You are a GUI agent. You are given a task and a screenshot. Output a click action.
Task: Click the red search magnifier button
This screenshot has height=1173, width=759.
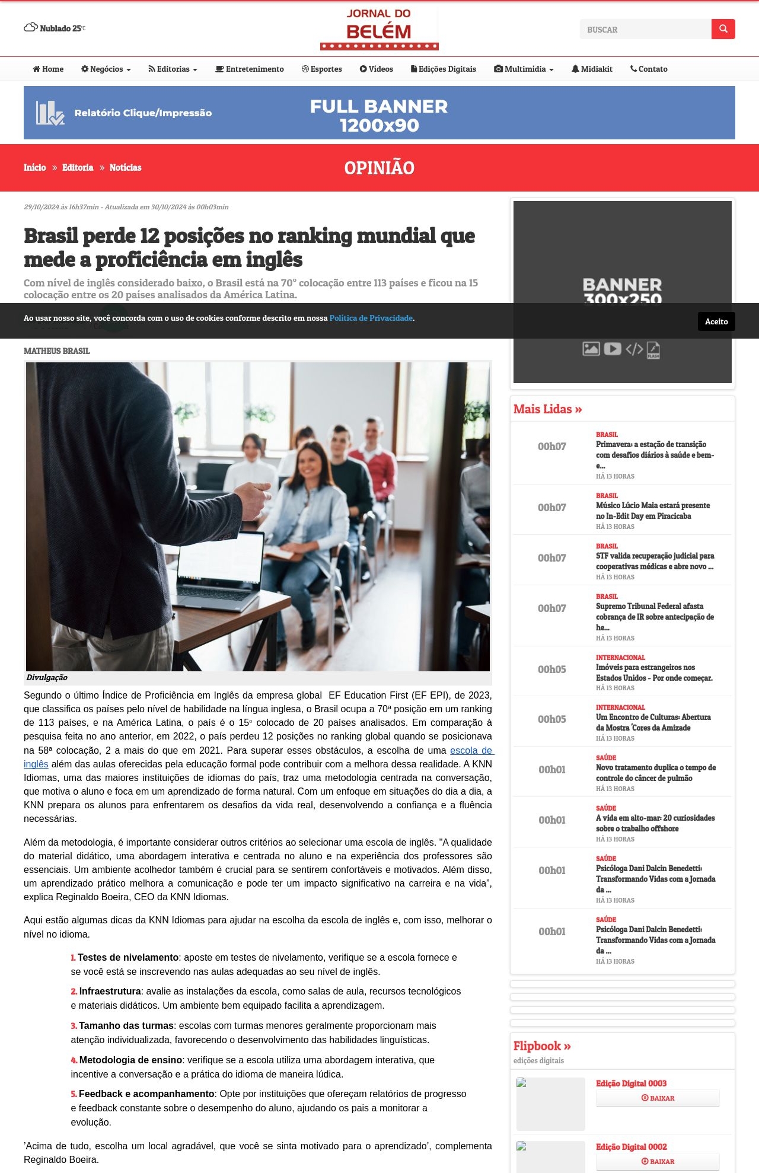click(723, 29)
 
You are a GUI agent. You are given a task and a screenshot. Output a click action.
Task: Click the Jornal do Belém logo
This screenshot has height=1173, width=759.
click(379, 29)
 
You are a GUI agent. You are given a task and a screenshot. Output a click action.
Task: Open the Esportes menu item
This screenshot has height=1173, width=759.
click(322, 69)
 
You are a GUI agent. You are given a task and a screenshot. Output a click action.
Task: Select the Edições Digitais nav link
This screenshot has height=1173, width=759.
click(444, 69)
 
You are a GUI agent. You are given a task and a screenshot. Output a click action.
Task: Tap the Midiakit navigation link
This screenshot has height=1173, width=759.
click(592, 69)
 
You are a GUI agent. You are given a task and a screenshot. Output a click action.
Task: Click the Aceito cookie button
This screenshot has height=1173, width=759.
click(716, 321)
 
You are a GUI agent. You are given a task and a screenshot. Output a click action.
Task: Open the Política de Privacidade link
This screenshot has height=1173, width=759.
click(371, 318)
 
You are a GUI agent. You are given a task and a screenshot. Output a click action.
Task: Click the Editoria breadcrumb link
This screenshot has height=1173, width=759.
click(78, 168)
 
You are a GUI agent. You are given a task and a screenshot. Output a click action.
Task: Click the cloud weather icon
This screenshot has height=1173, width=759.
click(31, 27)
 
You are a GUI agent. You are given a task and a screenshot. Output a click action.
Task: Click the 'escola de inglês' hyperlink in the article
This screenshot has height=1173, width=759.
click(471, 751)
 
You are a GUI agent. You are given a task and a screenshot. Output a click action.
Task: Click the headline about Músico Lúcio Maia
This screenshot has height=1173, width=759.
click(652, 511)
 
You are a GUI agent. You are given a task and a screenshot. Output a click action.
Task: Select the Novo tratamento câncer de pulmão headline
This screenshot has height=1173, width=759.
click(655, 773)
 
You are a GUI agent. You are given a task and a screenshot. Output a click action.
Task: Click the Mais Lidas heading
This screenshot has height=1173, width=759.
click(547, 409)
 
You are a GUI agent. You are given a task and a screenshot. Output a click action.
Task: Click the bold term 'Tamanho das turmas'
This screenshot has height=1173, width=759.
click(126, 1026)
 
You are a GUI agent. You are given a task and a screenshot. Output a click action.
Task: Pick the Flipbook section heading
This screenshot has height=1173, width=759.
click(541, 1046)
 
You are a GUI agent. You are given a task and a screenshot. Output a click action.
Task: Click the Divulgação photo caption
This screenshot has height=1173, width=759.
click(47, 678)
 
